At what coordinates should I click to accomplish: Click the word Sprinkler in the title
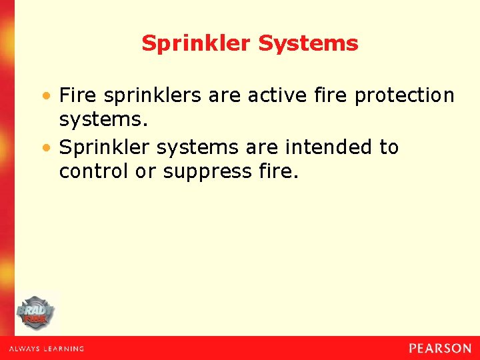click(197, 44)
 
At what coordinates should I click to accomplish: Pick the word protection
click(404, 96)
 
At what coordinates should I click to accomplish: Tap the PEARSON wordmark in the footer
click(440, 348)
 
